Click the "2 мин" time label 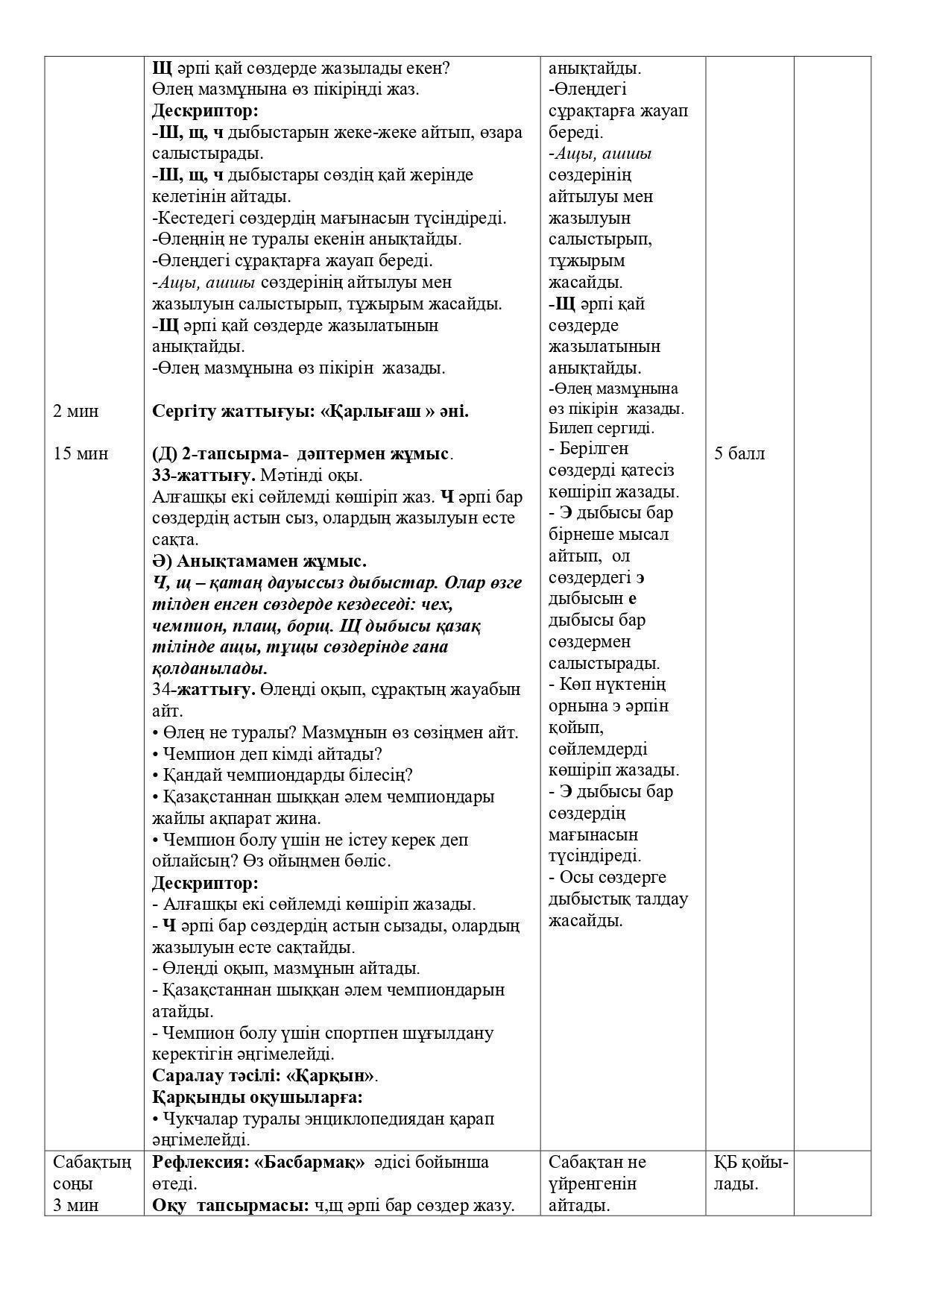tap(75, 412)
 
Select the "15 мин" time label tap(80, 454)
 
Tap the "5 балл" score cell tap(739, 454)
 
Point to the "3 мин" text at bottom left tap(75, 1205)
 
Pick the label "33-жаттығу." tap(204, 476)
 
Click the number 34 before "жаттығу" tap(162, 690)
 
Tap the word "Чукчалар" tap(196, 1119)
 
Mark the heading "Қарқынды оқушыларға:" tap(257, 1098)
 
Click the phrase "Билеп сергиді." tap(602, 428)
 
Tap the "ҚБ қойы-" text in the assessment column tap(751, 1162)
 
